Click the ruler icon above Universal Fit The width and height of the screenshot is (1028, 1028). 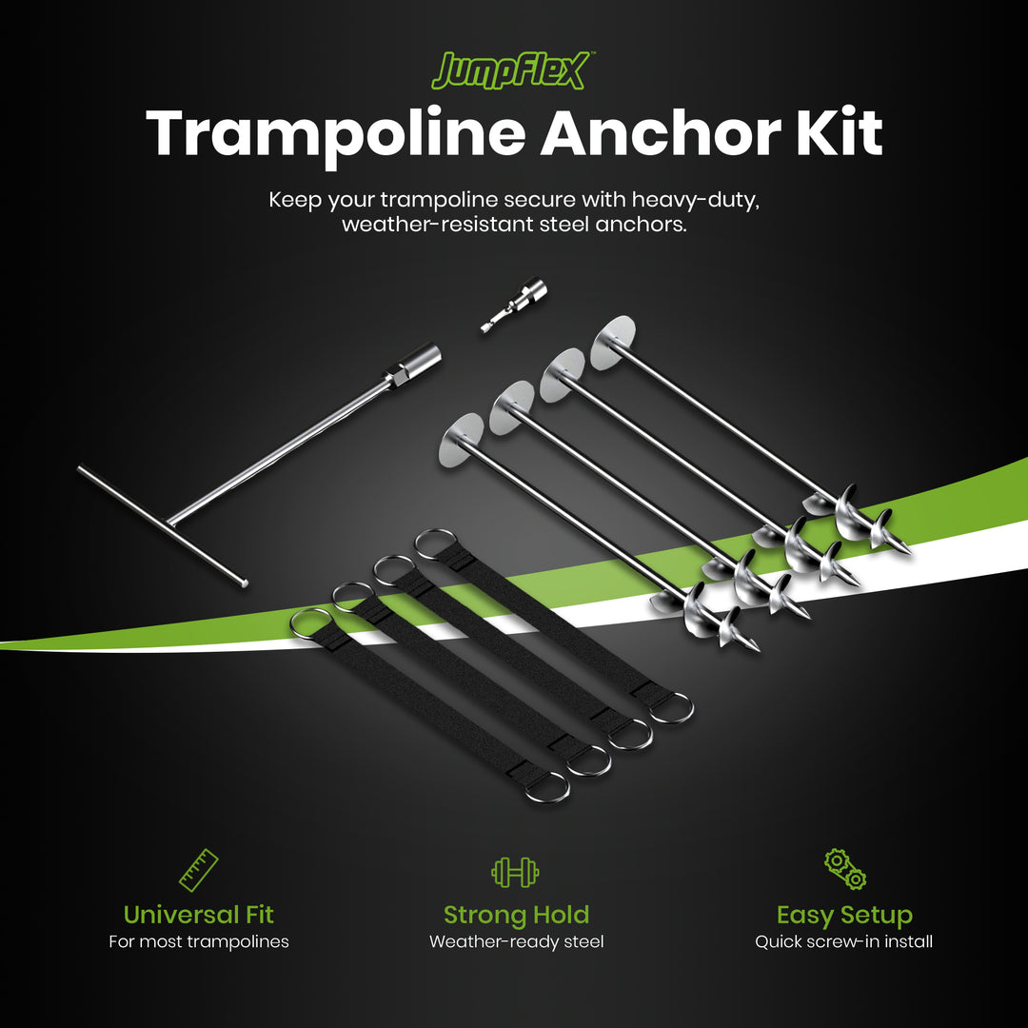199,870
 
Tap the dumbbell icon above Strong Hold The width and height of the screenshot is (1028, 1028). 515,871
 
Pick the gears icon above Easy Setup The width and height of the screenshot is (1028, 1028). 845,869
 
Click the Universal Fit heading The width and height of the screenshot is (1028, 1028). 199,915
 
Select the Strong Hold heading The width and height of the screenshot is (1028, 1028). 516,915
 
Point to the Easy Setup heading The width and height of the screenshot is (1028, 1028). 844,915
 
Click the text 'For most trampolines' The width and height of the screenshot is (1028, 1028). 199,942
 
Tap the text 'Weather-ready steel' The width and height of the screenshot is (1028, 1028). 516,942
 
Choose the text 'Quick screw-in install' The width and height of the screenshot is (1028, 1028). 844,942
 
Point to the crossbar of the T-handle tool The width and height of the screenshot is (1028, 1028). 162,524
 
